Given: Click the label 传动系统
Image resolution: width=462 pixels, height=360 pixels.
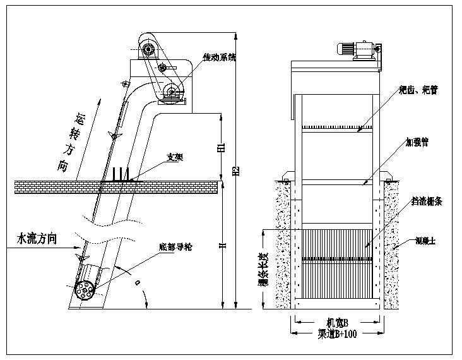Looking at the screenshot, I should tap(219, 57).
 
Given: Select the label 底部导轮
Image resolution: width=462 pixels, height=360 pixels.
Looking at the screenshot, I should tap(175, 245).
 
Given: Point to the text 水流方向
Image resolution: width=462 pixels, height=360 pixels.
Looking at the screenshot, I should tap(37, 239).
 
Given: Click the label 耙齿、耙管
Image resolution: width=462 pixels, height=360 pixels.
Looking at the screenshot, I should tap(418, 90).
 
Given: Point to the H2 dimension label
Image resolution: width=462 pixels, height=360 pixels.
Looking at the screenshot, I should tap(236, 171).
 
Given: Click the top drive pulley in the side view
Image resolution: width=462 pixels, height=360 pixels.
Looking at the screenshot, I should tap(149, 49).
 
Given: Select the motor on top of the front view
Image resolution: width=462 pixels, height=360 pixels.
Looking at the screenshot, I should tap(348, 49).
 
